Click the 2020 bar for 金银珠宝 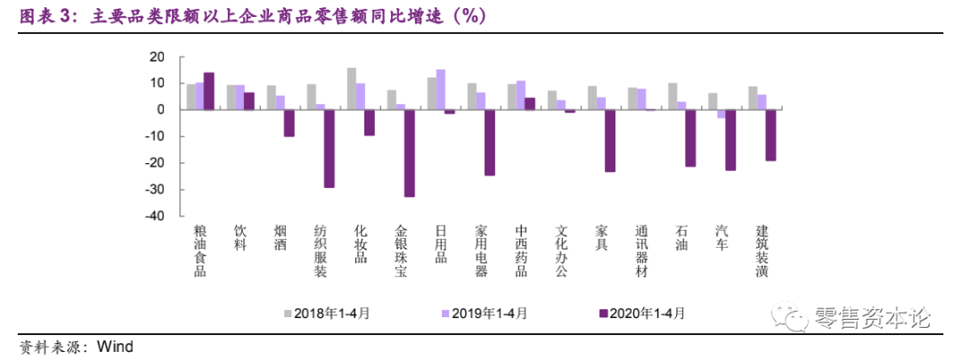click(x=410, y=152)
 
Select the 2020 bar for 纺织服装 click(x=330, y=148)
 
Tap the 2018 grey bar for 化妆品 click(x=352, y=88)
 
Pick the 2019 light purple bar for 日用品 click(x=441, y=89)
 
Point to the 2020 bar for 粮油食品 click(x=208, y=91)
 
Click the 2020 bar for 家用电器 click(x=489, y=142)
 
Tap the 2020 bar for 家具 click(x=610, y=140)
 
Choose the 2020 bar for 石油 click(x=690, y=137)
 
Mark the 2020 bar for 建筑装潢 click(x=770, y=135)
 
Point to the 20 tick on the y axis click(x=157, y=56)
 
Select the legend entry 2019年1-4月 click(x=485, y=313)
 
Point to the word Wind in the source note click(x=115, y=347)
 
